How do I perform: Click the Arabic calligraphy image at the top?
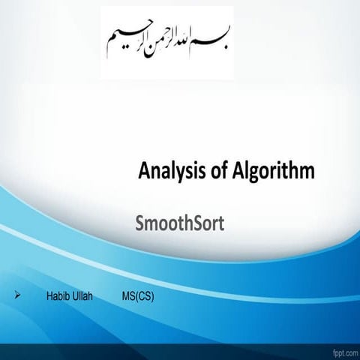pos(166,41)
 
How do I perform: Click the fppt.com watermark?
pos(340,351)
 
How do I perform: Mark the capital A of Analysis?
pos(145,172)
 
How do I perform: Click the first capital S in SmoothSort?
pos(138,223)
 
